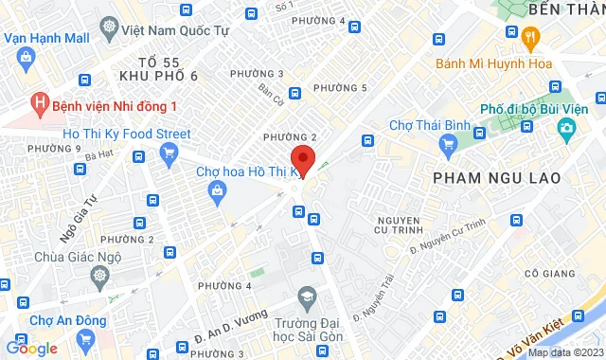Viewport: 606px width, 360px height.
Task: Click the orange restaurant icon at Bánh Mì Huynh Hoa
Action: coord(530,38)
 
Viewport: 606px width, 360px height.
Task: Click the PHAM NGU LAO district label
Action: coord(496,177)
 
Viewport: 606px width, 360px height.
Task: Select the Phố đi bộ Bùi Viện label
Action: coord(539,109)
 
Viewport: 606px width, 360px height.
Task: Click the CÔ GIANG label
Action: coord(544,274)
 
